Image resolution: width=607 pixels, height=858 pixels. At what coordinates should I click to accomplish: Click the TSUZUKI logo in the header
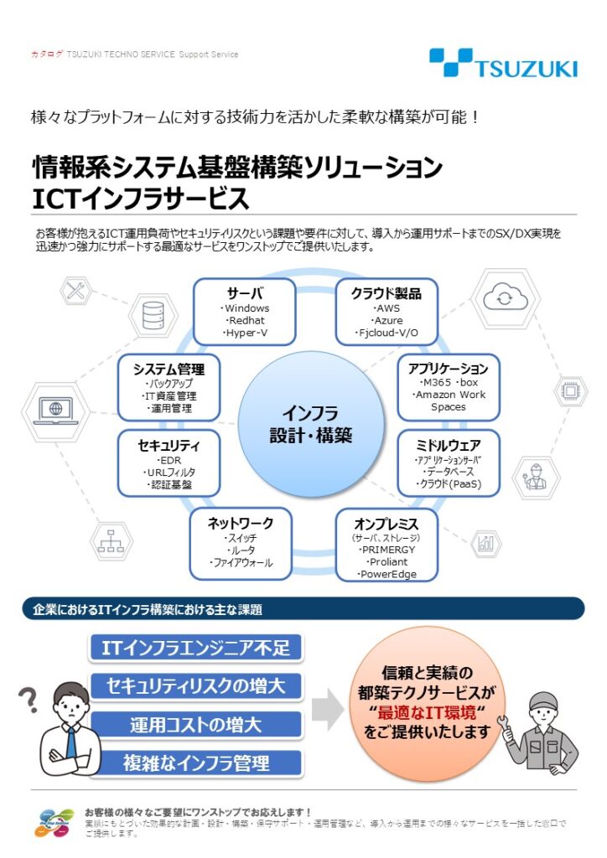coord(503,63)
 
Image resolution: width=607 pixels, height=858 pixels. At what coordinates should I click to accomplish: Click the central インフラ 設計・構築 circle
coord(309,423)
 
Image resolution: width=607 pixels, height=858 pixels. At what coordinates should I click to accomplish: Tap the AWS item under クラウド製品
coord(386,308)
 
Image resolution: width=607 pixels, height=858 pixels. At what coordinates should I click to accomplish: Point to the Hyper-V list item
coord(246,333)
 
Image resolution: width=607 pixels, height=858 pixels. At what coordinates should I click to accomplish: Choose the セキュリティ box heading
coord(169,445)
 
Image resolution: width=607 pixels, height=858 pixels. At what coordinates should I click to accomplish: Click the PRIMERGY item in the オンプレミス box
coord(387,549)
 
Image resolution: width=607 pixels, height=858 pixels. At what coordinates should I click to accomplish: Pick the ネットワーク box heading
coord(241,523)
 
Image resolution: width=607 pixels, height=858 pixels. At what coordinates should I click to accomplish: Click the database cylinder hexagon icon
coord(153,316)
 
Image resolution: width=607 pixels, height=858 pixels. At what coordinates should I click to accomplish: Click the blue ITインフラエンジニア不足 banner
coord(195,648)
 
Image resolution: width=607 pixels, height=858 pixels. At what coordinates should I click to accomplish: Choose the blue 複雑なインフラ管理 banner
coord(195,762)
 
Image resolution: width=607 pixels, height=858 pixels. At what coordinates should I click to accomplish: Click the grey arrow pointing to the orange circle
coord(328,711)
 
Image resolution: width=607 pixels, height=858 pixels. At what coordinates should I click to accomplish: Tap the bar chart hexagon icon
coord(485,543)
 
